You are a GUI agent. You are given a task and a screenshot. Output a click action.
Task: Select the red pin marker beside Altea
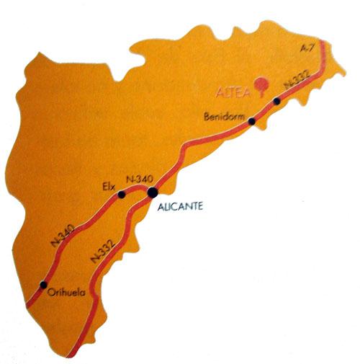[x=259, y=84]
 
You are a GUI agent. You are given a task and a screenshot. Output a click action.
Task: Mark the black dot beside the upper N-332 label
[x=276, y=101]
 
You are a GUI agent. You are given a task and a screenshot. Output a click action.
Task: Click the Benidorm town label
[x=225, y=115]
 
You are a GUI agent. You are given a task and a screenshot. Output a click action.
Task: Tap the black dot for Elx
[x=122, y=195]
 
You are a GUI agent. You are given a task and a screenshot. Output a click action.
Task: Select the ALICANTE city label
[x=180, y=206]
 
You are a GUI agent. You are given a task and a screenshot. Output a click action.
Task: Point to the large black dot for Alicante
[x=153, y=192]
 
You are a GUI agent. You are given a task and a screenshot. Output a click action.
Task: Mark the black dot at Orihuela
[x=44, y=284]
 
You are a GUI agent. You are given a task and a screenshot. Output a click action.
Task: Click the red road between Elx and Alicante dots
[x=137, y=192]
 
